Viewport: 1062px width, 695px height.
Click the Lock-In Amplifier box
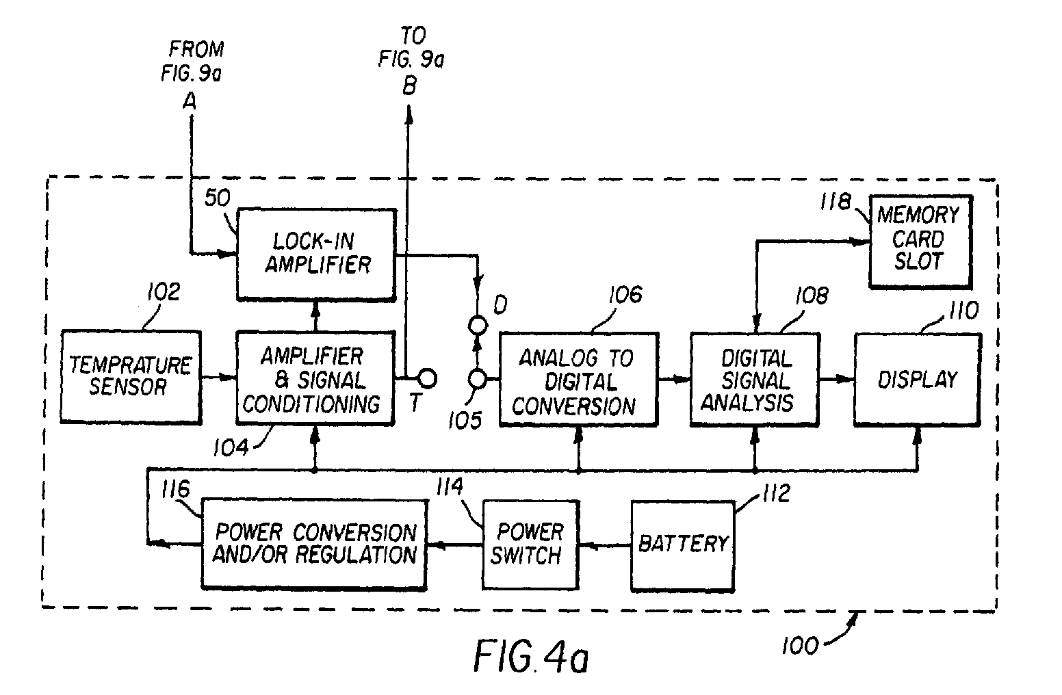point(316,254)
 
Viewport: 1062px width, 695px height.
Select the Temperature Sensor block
point(131,376)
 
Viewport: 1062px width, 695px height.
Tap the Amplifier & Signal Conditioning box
point(315,379)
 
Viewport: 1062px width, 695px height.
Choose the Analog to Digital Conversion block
point(578,380)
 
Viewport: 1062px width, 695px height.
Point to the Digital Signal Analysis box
point(753,379)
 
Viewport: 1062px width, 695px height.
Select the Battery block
point(682,544)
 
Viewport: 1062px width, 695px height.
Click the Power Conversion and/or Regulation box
point(314,544)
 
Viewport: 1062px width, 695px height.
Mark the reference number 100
point(800,644)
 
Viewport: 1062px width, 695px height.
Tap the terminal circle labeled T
point(427,378)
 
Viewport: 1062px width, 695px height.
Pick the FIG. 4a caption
point(530,658)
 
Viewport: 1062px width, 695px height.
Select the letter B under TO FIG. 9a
point(409,87)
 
